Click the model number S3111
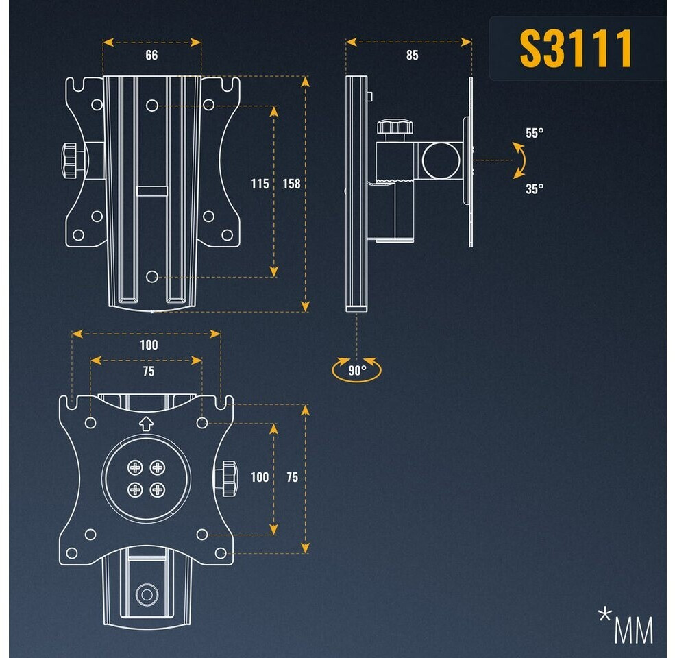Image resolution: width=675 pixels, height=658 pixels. [576, 49]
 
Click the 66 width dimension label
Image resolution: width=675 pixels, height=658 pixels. [151, 56]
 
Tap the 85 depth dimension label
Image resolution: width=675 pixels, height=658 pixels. [412, 56]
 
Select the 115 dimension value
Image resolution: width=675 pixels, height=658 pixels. [260, 184]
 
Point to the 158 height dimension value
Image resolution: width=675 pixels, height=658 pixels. [291, 184]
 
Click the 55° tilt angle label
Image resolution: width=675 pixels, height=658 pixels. [535, 133]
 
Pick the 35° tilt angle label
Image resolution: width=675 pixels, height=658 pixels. [535, 188]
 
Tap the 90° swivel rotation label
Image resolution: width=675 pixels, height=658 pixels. [356, 370]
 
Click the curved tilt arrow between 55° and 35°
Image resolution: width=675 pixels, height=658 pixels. [519, 160]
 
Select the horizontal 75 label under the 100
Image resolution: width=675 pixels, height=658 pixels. [148, 371]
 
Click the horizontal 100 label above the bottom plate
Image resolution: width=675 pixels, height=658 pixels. [148, 345]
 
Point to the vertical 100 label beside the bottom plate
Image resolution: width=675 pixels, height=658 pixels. [260, 477]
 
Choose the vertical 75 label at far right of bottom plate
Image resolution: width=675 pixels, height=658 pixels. [293, 477]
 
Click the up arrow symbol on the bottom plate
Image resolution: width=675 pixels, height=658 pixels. [145, 424]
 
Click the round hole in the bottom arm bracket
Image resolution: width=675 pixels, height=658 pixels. [145, 594]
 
